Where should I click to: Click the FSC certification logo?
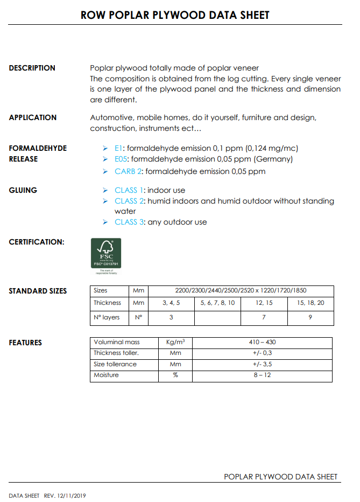pos(106,253)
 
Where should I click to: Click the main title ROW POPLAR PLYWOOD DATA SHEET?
pos(175,15)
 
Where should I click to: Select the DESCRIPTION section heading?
pos(32,68)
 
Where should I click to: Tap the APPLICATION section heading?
pos(33,117)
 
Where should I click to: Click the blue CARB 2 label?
pos(128,171)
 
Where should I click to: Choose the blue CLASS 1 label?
pos(129,190)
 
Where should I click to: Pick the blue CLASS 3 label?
pos(129,222)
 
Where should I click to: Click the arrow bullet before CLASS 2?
pos(105,201)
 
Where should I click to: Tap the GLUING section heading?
pos(23,190)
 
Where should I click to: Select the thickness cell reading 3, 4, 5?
pos(171,303)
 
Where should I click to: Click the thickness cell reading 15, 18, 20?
pos(310,303)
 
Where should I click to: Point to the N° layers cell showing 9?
pos(310,317)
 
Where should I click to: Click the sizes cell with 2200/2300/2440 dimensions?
pos(241,290)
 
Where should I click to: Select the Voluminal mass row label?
pos(117,342)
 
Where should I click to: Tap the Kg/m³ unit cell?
pos(175,342)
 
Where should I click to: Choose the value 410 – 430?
pos(262,342)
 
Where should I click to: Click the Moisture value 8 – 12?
pos(262,375)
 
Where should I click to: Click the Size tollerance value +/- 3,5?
pos(262,364)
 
